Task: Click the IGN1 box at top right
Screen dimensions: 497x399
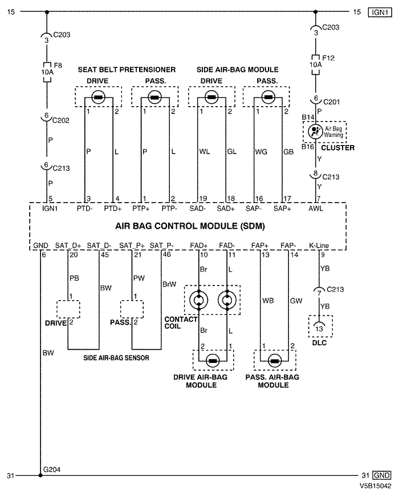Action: point(378,11)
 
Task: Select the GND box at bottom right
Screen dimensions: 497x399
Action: point(380,475)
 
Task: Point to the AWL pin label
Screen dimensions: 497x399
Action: point(316,209)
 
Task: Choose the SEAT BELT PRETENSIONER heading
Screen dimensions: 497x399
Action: point(127,70)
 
